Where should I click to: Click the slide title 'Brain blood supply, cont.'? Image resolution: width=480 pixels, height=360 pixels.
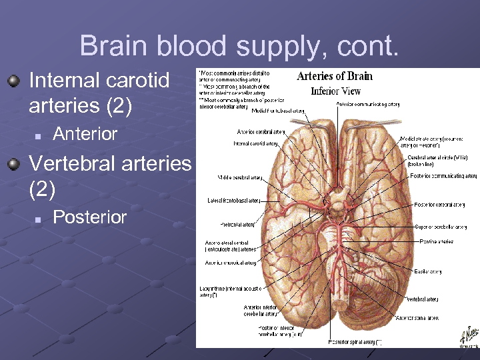239,45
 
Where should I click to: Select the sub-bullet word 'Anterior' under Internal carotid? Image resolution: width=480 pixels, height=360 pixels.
85,134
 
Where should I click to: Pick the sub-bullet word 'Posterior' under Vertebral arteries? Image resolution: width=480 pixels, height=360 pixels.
89,217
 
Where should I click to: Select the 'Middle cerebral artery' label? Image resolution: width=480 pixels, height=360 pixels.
239,178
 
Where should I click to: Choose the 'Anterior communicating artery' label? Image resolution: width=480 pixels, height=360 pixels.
368,104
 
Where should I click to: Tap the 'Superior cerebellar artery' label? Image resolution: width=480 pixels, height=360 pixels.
439,227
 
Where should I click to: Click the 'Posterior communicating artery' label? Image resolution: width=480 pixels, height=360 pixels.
443,176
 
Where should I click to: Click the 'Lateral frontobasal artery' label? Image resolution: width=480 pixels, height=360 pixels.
233,200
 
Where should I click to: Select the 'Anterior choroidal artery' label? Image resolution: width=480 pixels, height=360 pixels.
230,263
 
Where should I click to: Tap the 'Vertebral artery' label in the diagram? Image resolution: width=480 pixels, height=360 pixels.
422,299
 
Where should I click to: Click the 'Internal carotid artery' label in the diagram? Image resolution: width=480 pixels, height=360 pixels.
255,143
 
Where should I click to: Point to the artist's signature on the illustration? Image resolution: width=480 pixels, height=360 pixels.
468,336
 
